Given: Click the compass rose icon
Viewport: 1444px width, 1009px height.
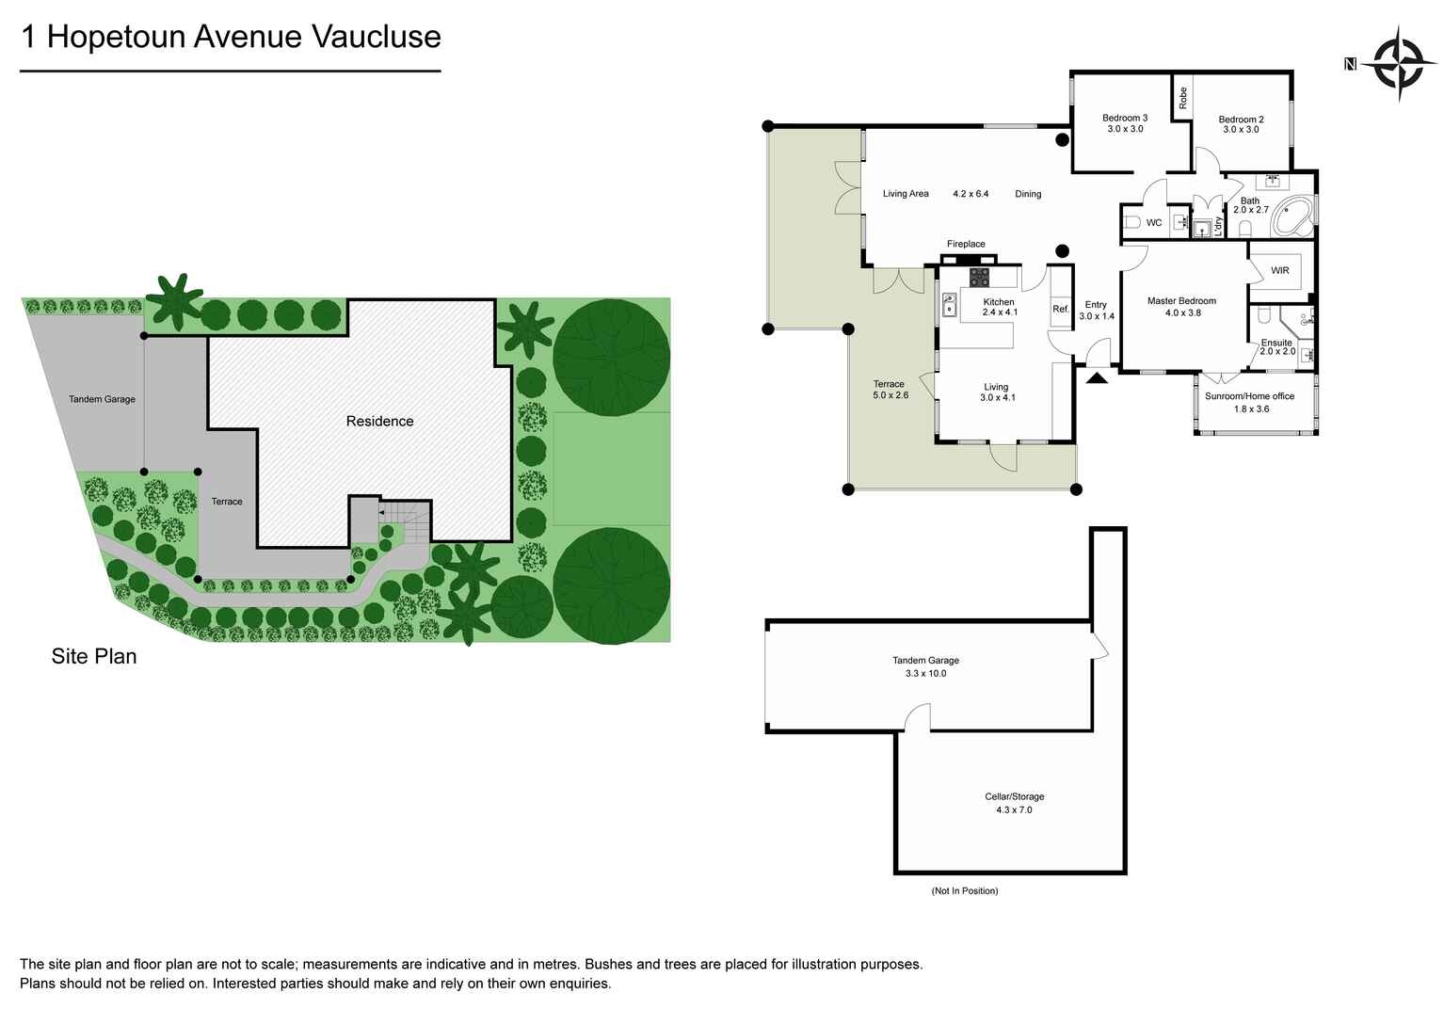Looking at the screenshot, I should tap(1398, 64).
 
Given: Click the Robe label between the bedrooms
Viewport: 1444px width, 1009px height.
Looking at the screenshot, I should tap(1183, 98).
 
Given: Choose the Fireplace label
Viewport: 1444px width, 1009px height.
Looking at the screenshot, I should tap(966, 244).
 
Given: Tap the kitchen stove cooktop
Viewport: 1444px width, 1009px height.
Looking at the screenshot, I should tap(980, 277).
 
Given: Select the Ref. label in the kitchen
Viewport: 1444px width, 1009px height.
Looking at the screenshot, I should tap(1061, 309).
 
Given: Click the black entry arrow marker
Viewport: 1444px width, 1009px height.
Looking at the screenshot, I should tap(1097, 378).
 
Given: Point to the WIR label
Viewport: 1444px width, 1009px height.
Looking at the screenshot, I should tap(1279, 270).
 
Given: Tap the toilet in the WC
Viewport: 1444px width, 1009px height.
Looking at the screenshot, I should tap(1131, 223).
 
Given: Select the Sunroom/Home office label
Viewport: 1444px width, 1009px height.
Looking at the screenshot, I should tap(1249, 396).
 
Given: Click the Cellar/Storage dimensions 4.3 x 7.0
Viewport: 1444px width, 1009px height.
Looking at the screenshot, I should tap(1014, 809).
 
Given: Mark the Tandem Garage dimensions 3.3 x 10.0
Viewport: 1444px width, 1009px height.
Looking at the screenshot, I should tap(925, 673).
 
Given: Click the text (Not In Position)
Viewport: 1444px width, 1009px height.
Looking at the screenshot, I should tap(964, 890).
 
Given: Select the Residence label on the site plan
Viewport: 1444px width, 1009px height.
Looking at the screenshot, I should tap(379, 421).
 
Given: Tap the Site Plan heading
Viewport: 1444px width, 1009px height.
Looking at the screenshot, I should tap(94, 656).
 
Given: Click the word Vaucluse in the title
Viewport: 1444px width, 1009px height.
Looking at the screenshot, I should tap(376, 37).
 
